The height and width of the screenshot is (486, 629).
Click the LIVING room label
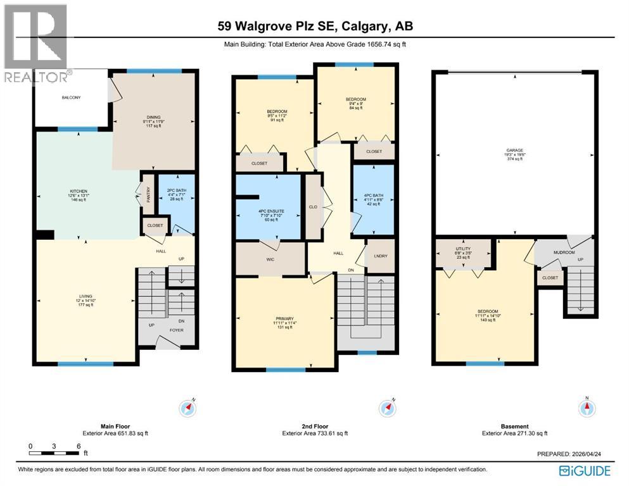[x=86, y=296]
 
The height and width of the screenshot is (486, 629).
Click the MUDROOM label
[x=564, y=252]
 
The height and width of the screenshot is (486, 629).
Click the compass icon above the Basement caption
[x=587, y=408]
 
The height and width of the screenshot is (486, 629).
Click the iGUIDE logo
[x=585, y=470]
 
